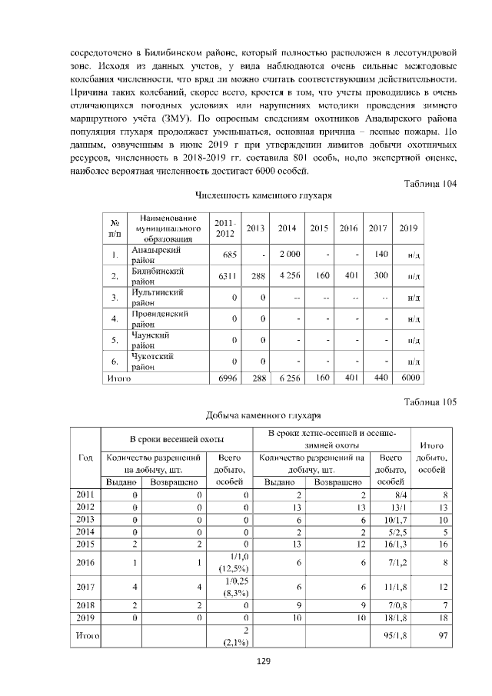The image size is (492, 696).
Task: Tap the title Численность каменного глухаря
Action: [x=264, y=196]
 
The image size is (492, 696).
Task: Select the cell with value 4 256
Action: [x=288, y=275]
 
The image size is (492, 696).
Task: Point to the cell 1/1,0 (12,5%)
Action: [x=231, y=561]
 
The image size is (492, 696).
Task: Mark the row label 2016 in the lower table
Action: [x=87, y=561]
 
